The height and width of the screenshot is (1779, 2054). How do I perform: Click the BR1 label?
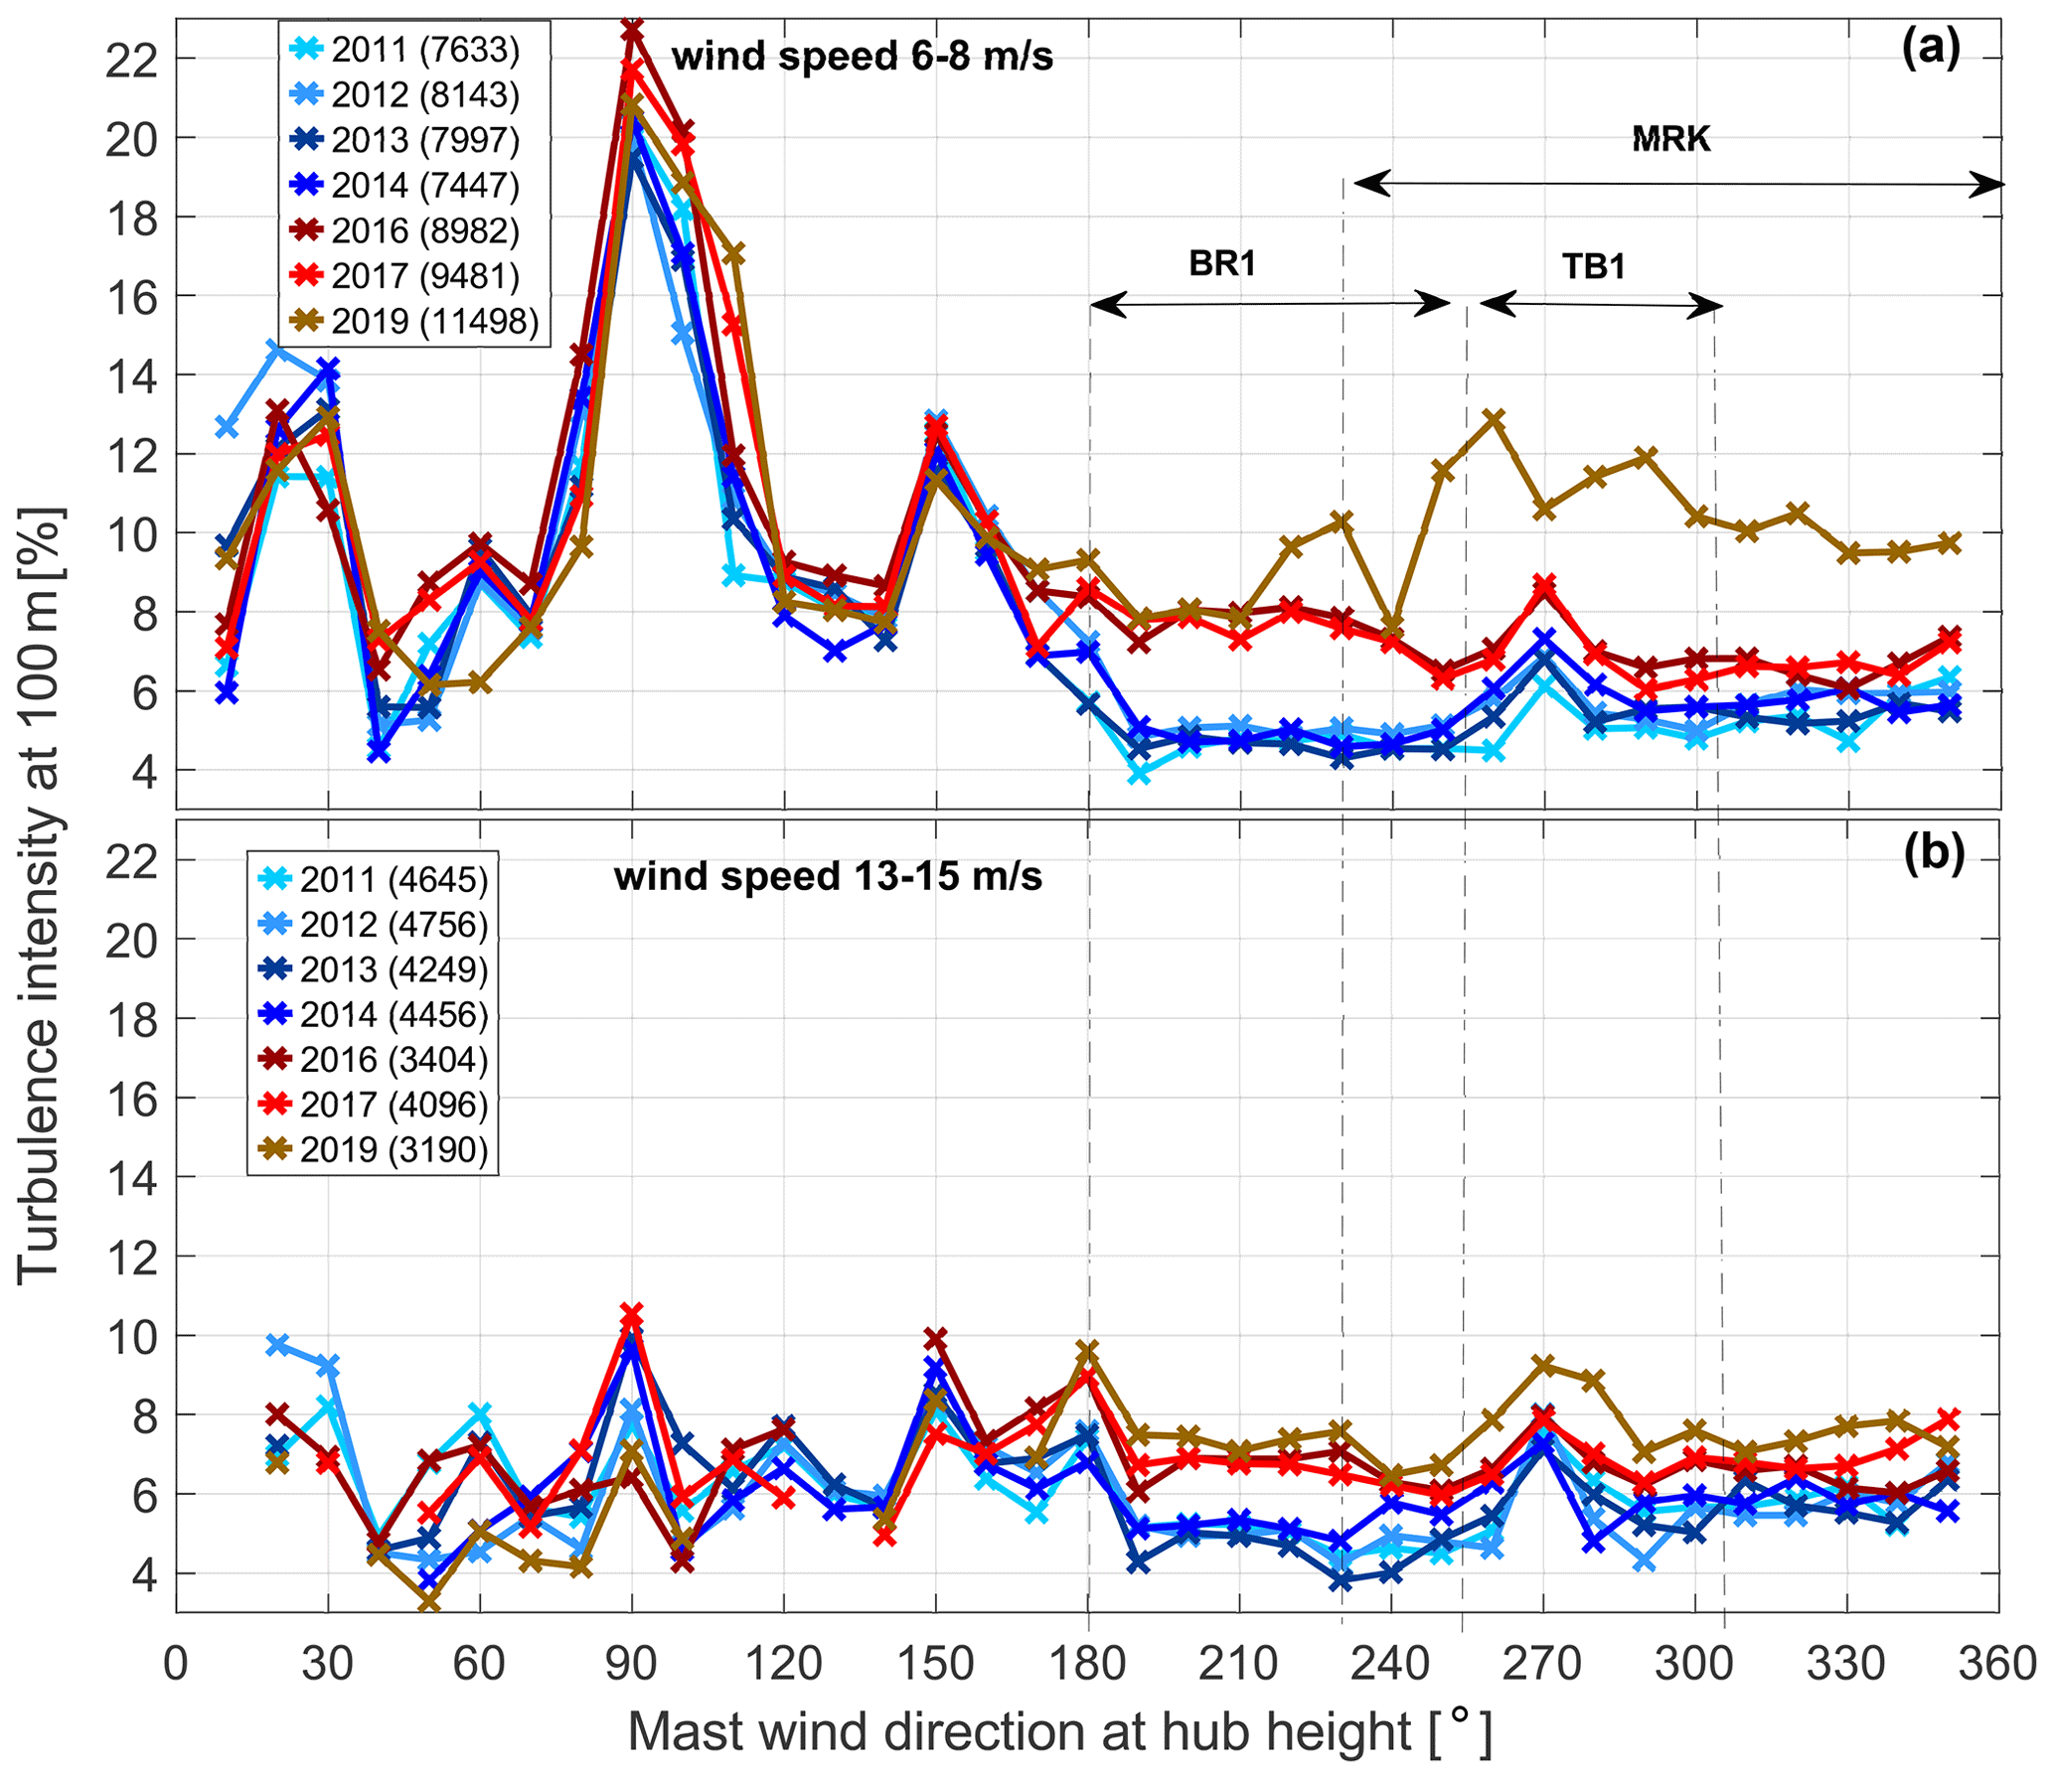click(1222, 263)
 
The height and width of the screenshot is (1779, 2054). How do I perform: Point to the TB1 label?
click(1594, 266)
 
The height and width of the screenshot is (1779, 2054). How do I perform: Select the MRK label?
click(1671, 139)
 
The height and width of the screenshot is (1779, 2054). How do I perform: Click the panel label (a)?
click(1931, 48)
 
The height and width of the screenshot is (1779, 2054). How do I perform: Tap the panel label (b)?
click(1934, 854)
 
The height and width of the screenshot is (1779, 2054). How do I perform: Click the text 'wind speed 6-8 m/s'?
click(862, 57)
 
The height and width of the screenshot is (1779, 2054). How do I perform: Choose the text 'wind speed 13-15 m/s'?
click(828, 876)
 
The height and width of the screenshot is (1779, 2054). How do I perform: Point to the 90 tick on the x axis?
click(632, 1663)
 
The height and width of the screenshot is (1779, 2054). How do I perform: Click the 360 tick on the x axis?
click(1997, 1663)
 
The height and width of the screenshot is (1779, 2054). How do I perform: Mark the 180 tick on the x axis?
click(1088, 1663)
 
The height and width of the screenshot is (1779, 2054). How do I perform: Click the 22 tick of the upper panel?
click(132, 60)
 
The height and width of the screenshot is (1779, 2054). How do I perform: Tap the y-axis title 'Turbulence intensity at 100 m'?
click(40, 894)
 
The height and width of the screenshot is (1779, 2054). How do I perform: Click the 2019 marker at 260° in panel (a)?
click(1494, 419)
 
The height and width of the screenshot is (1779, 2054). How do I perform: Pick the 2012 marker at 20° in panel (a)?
click(278, 350)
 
